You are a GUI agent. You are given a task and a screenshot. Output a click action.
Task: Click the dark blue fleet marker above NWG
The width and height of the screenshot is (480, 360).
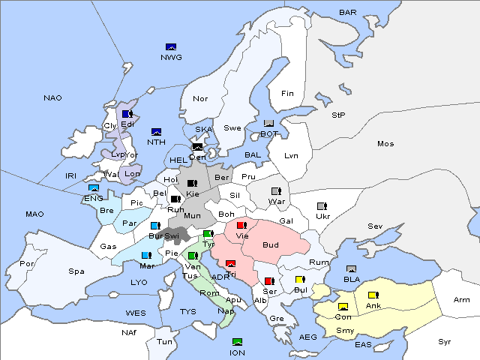coord(171,47)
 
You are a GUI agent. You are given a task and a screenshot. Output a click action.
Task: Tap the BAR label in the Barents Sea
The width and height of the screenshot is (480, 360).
coord(348,13)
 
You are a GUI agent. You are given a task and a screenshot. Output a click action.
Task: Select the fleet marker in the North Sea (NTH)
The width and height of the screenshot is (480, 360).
coord(157,132)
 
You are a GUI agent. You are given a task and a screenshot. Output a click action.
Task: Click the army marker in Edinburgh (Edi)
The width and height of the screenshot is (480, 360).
coord(127,114)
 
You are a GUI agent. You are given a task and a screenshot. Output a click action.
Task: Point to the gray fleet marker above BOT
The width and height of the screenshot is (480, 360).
coord(269,124)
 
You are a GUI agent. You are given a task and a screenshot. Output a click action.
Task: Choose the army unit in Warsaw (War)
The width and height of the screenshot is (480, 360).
coord(276,191)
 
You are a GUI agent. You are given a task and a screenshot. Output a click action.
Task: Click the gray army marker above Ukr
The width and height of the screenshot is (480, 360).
coord(322,206)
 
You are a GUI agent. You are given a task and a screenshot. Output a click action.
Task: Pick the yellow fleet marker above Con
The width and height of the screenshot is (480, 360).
coord(343,307)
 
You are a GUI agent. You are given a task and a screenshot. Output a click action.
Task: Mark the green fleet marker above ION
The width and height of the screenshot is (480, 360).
coord(238,342)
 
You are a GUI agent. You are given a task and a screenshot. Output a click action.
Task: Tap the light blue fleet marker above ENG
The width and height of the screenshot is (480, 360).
coord(94,188)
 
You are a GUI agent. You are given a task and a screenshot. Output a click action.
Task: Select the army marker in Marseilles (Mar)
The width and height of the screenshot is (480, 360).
coord(145,255)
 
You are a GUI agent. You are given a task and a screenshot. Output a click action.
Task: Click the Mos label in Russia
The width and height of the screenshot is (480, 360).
coord(385,143)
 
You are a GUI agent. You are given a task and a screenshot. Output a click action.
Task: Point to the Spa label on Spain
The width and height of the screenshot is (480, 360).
coord(76,271)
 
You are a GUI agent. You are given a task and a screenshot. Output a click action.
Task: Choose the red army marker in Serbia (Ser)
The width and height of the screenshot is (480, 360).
coord(268,281)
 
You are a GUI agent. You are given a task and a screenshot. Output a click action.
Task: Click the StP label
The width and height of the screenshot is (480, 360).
coord(338,115)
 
